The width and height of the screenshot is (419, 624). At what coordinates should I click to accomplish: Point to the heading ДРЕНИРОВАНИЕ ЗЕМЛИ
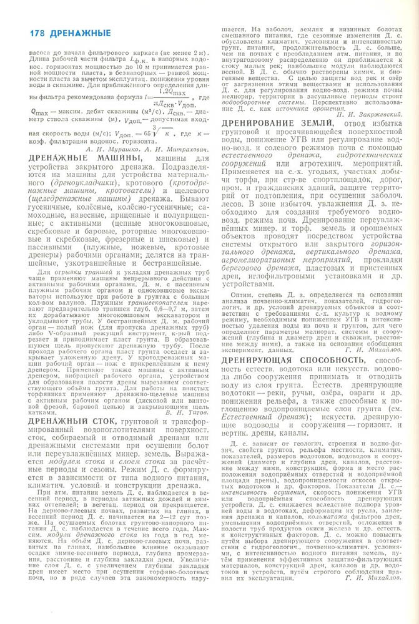pos(277,125)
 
